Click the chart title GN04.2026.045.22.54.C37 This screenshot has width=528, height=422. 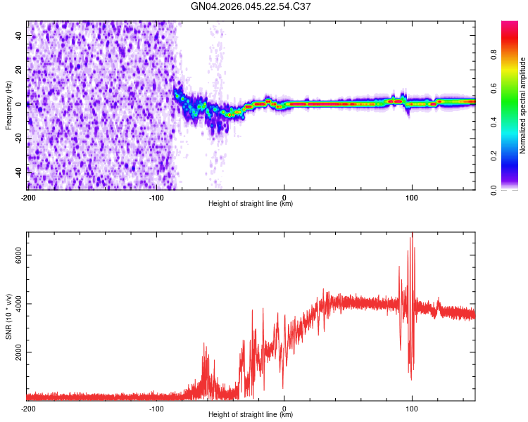(251, 7)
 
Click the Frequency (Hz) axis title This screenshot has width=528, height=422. (8, 105)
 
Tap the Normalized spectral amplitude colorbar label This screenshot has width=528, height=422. (523, 105)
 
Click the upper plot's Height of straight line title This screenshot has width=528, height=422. (251, 204)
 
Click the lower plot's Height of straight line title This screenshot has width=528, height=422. (251, 415)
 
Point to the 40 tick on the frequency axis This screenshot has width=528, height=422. (19, 35)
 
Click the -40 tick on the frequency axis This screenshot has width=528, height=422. (18, 171)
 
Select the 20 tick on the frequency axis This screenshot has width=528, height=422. (19, 70)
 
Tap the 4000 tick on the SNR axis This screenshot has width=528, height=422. (15, 304)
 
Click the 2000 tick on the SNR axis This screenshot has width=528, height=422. (15, 352)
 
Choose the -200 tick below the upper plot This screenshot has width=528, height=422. (28, 197)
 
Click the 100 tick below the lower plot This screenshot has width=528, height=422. (412, 408)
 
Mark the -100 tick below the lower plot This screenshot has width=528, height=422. (156, 408)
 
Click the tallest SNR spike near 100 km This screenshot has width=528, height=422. (413, 234)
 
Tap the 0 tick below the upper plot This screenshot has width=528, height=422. (284, 197)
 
